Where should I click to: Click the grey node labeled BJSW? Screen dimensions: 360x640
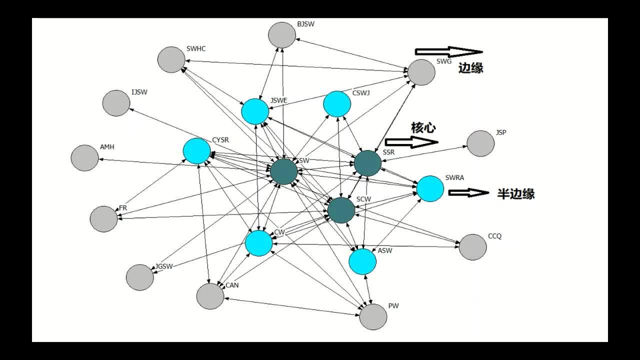(282, 35)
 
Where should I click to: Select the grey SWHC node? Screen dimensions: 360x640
(171, 59)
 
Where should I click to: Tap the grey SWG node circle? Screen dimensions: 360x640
(421, 72)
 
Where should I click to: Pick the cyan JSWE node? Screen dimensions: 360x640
(255, 111)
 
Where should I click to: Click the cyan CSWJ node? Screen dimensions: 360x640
(337, 104)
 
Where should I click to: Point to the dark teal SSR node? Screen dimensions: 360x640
(367, 163)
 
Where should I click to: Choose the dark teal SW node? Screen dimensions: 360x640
(284, 171)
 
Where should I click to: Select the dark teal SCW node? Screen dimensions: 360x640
(341, 210)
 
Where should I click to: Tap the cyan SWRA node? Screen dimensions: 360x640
(430, 188)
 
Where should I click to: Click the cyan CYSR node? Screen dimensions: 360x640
(196, 151)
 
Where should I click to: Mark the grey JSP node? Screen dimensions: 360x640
(480, 143)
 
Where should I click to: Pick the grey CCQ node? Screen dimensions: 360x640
(472, 247)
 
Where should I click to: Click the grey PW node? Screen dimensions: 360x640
(373, 316)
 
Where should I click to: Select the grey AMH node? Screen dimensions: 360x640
(84, 158)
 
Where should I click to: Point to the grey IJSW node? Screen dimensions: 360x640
(116, 103)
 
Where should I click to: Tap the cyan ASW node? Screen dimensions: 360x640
(362, 261)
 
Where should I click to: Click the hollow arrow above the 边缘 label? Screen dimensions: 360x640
(448, 51)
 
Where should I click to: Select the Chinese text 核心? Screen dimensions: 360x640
(423, 128)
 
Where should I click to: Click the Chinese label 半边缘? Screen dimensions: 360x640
(515, 194)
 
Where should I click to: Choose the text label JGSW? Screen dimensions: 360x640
(164, 266)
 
